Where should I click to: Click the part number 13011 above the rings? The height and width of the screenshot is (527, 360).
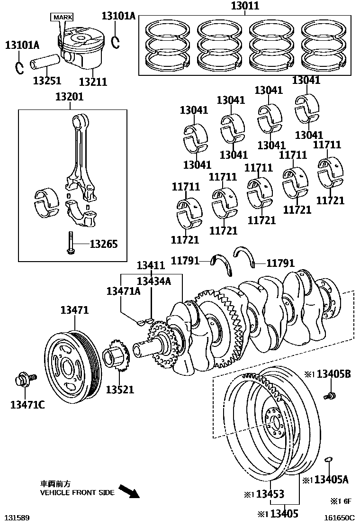coord(245,7)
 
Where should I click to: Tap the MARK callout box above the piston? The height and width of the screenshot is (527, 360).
coord(62,17)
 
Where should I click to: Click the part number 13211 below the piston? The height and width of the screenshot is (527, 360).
coord(92,82)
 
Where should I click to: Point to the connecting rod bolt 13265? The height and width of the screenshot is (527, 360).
coord(70,242)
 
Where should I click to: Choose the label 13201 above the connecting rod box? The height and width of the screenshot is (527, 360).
coord(69,97)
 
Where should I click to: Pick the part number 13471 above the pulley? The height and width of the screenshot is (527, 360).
coord(74,310)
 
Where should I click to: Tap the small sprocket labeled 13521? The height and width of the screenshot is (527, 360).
coord(117,361)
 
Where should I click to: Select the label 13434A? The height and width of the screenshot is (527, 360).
coord(153,281)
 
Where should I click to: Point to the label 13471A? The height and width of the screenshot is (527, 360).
coord(123,291)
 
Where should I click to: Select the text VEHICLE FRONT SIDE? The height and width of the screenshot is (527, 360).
coord(77,492)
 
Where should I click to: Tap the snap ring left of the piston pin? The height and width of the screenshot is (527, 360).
coord(19,67)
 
